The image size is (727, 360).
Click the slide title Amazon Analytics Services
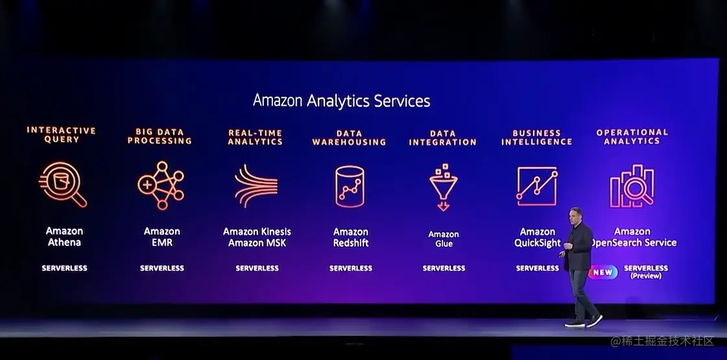(x=341, y=101)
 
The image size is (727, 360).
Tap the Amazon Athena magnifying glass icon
(x=62, y=184)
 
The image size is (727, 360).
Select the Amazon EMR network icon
(x=161, y=186)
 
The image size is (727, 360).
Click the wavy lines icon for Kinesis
(x=256, y=186)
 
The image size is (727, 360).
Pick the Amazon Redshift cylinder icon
(x=350, y=186)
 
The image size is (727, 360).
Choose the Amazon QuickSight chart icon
(x=537, y=186)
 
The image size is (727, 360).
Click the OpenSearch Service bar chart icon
(x=632, y=186)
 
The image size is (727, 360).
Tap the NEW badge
(x=603, y=272)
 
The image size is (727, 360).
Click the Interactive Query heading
(x=62, y=135)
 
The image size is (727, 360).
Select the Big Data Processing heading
(x=160, y=136)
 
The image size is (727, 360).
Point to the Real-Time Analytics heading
(x=256, y=137)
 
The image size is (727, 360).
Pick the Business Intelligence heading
(x=537, y=138)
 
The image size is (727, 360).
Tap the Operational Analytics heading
(x=632, y=136)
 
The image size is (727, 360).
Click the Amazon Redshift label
(x=351, y=237)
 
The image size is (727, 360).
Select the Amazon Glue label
(x=444, y=239)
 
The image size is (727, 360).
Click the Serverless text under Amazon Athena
(x=64, y=268)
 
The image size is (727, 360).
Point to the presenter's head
(x=575, y=215)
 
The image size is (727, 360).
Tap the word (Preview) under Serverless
(x=646, y=276)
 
